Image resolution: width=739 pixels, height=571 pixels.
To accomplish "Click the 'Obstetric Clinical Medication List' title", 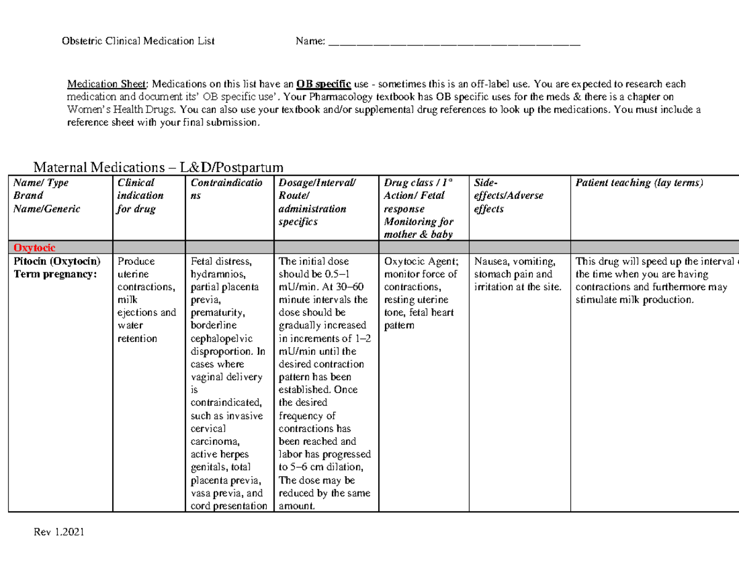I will coord(139,42).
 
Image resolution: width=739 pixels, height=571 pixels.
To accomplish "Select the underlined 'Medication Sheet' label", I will coord(107,84).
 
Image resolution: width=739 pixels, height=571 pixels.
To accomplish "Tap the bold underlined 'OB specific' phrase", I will coord(323,84).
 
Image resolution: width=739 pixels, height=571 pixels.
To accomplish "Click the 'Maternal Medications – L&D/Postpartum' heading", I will coord(158,167).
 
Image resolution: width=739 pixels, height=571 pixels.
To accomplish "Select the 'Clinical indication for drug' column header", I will coord(140,196).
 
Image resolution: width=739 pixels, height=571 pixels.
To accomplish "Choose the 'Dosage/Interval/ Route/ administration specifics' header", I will coord(317,202).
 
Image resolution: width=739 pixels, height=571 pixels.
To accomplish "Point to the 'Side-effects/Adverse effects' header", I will coord(508,196).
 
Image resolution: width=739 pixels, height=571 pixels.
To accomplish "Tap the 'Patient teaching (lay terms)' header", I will coord(639,183).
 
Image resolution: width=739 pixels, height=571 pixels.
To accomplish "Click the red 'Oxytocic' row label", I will coord(34,248).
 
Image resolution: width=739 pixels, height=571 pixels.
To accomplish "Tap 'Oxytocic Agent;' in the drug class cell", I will coord(421,261).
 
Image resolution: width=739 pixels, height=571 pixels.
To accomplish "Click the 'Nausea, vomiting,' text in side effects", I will coord(515,261).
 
